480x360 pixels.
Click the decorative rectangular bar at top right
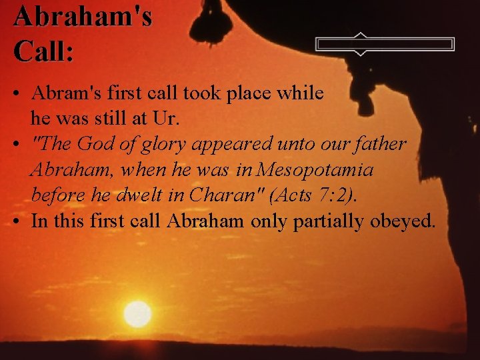tap(385, 45)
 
